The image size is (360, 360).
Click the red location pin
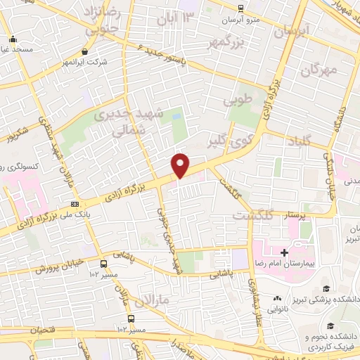181,165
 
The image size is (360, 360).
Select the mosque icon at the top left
13,39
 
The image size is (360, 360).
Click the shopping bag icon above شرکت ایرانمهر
85,51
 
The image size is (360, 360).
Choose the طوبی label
237,101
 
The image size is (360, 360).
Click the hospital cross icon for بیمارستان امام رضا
284,252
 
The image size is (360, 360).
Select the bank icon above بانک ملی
75,204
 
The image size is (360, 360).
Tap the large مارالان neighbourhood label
159,301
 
